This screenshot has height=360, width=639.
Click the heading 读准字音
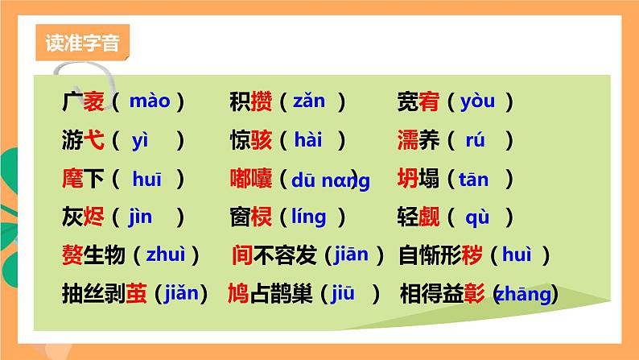pyautogui.click(x=82, y=43)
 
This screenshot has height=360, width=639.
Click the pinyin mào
pyautogui.click(x=150, y=101)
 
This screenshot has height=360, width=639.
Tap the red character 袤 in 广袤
pyautogui.click(x=94, y=102)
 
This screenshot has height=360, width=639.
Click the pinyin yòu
pyautogui.click(x=478, y=101)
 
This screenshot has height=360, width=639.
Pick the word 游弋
pyautogui.click(x=83, y=140)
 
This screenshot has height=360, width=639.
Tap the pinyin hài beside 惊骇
pyautogui.click(x=307, y=140)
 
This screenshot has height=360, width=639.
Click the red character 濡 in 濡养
pyautogui.click(x=408, y=140)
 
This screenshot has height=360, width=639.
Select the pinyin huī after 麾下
pyautogui.click(x=147, y=179)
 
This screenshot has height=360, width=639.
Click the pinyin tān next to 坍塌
pyautogui.click(x=473, y=179)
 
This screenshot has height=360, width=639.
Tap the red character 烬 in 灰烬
pyautogui.click(x=94, y=217)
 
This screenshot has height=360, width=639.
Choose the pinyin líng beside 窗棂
pyautogui.click(x=308, y=217)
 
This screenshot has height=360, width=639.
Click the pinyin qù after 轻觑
pyautogui.click(x=478, y=217)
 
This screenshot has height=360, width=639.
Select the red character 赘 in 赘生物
pyautogui.click(x=72, y=255)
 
